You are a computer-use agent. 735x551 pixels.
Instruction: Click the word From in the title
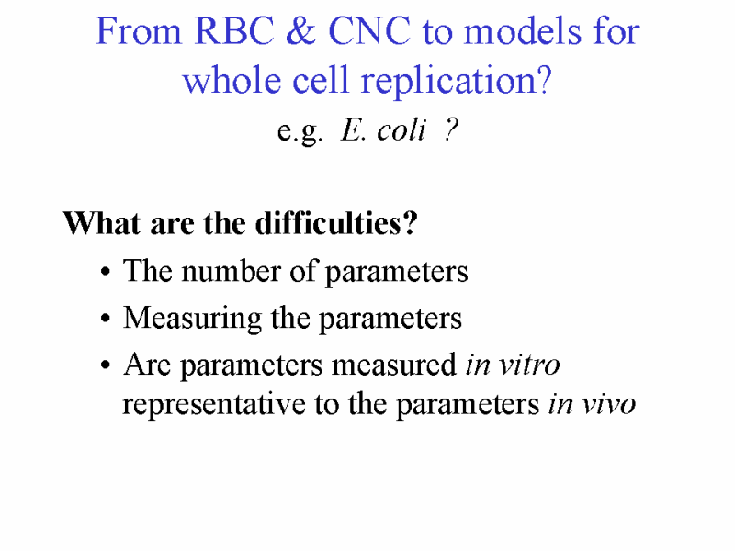tap(139, 31)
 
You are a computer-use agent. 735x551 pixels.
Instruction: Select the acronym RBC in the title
tap(234, 31)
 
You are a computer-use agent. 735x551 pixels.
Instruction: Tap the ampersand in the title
tap(300, 31)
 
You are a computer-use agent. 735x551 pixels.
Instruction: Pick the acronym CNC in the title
tap(369, 31)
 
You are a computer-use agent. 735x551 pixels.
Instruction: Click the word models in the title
tap(522, 31)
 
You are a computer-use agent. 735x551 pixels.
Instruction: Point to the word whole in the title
tap(232, 80)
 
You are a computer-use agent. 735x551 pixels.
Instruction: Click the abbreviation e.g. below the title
tap(300, 131)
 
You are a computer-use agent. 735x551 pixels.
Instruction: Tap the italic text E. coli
tap(383, 129)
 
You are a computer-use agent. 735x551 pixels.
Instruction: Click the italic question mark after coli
tap(450, 129)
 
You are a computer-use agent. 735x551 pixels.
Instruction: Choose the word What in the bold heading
tap(102, 222)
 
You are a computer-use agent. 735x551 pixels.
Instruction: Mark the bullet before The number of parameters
tap(106, 272)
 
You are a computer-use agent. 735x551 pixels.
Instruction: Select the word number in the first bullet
tap(232, 271)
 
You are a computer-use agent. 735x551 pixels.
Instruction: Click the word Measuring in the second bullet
tap(193, 320)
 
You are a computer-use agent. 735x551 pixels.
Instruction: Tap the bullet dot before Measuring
tap(106, 319)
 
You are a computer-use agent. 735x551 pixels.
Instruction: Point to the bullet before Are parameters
tap(106, 365)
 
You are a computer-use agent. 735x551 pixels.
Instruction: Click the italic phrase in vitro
tap(513, 365)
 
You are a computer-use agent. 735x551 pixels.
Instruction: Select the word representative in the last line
tap(214, 405)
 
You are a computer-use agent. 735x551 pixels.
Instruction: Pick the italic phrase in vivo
tap(592, 404)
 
